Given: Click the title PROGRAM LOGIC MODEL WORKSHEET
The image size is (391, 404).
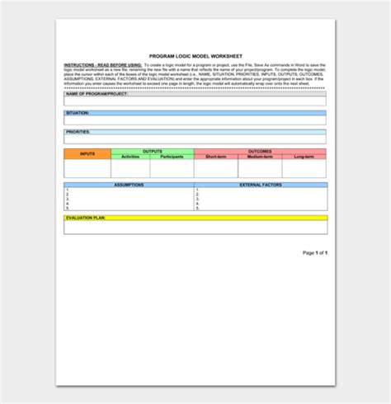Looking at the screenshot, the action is pos(195,54).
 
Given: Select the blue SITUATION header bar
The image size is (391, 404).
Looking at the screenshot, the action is pos(195,112).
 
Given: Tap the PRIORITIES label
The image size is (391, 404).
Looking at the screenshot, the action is pos(78,132).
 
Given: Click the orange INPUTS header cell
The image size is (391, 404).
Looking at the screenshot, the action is pos(87,153).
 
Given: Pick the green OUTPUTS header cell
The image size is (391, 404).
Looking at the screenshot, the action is pos(153,151).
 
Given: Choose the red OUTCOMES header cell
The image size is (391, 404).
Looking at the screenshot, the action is pos(260,151).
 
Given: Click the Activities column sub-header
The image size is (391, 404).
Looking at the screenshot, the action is pos(130,157).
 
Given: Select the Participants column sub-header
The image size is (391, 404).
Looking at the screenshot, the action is pos(172,157).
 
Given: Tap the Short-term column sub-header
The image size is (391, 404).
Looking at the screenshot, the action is pos(216,157).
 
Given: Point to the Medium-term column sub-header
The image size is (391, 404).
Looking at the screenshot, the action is pos(260,157).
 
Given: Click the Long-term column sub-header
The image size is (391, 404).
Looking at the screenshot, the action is pos(304,157).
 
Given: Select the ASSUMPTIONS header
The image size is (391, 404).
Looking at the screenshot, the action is pos(129,185).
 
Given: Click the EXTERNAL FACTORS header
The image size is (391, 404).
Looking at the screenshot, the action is pos(261,185).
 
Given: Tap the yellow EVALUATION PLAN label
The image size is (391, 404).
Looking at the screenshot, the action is pos(86,218).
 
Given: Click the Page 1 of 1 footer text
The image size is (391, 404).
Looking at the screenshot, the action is pos(315,252).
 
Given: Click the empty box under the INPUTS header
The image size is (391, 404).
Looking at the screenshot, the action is pos(87,168).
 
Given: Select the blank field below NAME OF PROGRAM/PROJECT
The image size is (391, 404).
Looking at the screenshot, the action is pos(195,101).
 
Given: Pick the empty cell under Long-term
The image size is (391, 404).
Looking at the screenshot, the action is pos(304,168).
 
